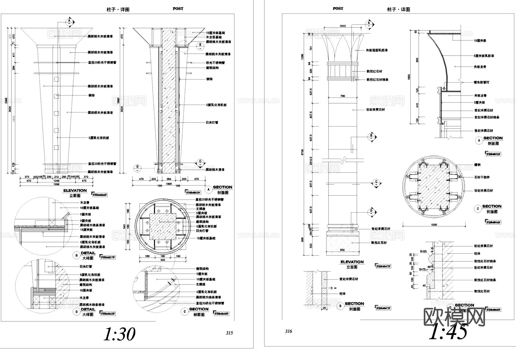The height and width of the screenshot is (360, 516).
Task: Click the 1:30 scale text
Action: [119, 334]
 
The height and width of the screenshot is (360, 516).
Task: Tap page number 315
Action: [229, 333]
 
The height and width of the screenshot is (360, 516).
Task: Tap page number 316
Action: [288, 331]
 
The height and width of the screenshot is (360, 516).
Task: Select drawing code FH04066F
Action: [100, 195]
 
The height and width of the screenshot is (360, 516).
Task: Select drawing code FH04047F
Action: [383, 266]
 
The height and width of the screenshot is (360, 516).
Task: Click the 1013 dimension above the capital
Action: [343, 26]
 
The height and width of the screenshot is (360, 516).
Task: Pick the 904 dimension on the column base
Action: [342, 250]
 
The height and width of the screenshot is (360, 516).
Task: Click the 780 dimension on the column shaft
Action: [343, 96]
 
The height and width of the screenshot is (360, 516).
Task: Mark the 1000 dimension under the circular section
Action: [434, 225]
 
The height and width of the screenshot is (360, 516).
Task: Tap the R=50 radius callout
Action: [423, 251]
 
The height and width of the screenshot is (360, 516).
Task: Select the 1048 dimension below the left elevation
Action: [56, 181]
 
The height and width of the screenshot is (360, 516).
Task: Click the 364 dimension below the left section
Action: [169, 179]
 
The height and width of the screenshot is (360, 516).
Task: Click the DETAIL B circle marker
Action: [76, 255]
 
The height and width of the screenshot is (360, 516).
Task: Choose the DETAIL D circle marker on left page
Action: [76, 312]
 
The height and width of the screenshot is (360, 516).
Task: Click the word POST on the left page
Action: [178, 9]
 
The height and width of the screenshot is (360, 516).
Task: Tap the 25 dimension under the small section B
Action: [324, 308]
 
